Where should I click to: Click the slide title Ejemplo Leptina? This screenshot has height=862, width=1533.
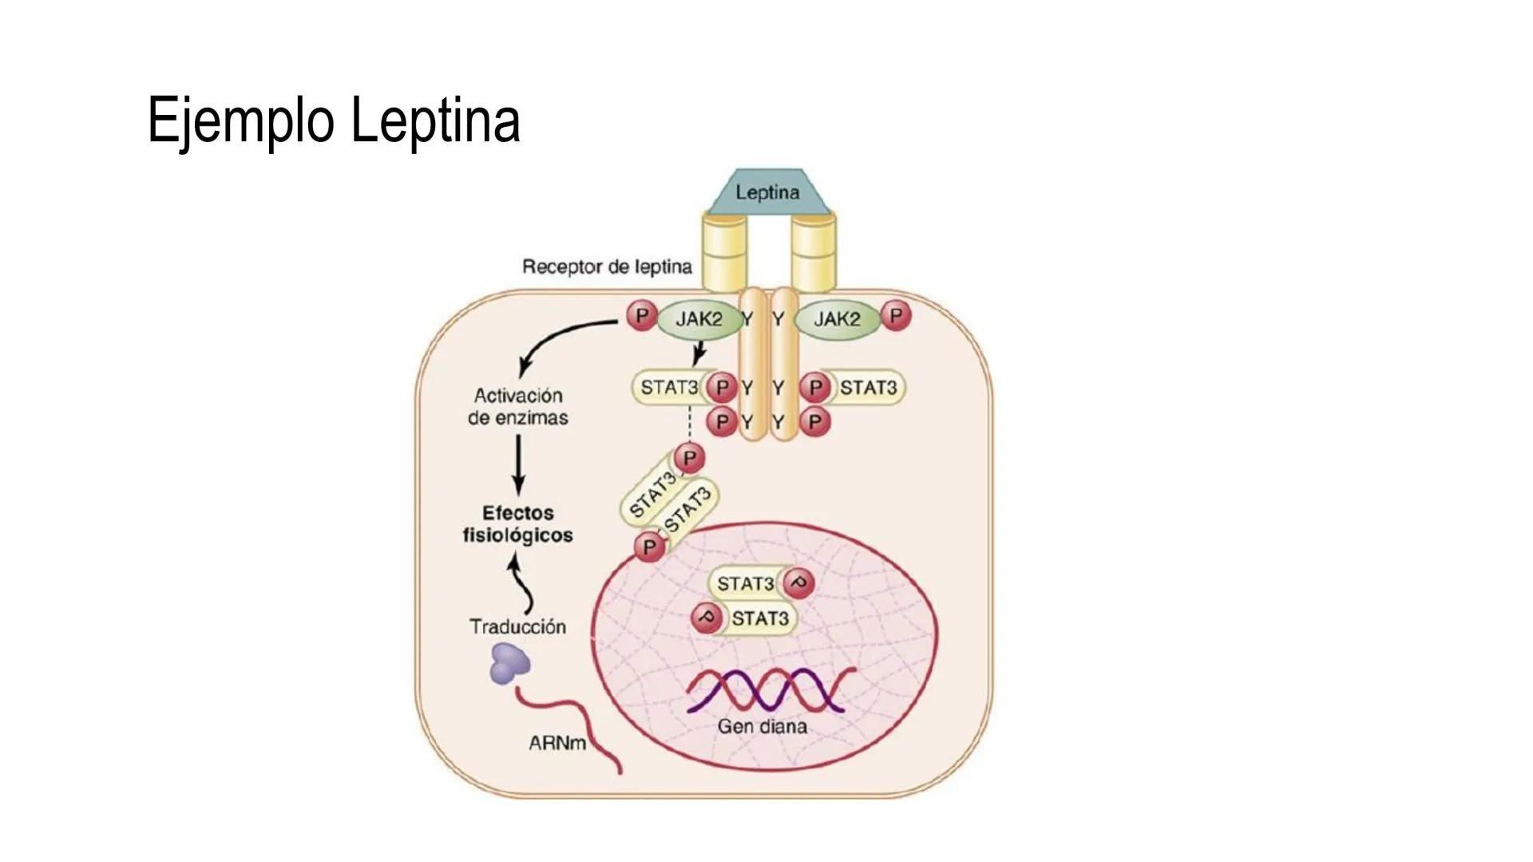pyautogui.click(x=334, y=120)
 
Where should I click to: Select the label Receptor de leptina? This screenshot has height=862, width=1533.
pyautogui.click(x=607, y=267)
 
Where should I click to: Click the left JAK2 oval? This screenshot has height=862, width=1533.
pyautogui.click(x=699, y=319)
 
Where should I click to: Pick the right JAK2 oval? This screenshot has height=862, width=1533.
pyautogui.click(x=837, y=319)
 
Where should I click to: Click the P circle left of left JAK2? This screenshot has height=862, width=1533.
pyautogui.click(x=641, y=316)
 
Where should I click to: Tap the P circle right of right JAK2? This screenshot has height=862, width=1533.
pyautogui.click(x=896, y=316)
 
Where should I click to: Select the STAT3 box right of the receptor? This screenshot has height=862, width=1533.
pyautogui.click(x=868, y=388)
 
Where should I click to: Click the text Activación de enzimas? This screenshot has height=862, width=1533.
pyautogui.click(x=518, y=406)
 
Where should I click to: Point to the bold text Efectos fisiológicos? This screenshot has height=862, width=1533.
pyautogui.click(x=518, y=524)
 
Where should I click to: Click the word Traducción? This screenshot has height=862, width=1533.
pyautogui.click(x=517, y=627)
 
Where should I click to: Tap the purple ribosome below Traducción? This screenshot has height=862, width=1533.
pyautogui.click(x=509, y=664)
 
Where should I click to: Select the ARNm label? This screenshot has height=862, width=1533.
pyautogui.click(x=557, y=743)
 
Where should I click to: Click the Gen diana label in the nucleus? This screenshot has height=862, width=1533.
pyautogui.click(x=762, y=726)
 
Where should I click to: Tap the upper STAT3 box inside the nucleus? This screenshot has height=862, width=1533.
pyautogui.click(x=746, y=583)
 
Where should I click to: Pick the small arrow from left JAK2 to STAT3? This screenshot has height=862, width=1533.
pyautogui.click(x=699, y=353)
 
